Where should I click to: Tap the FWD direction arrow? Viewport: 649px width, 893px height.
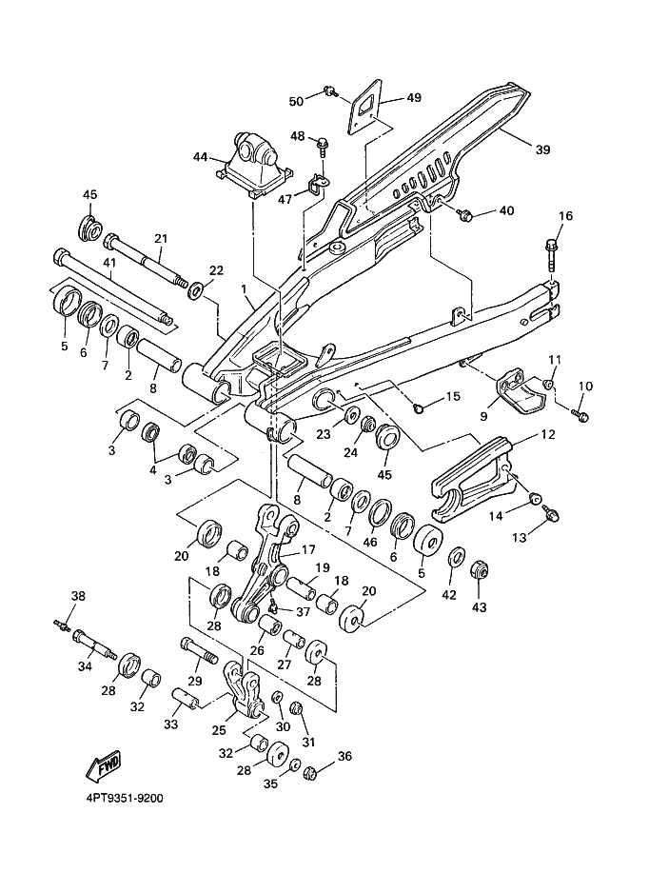click(x=104, y=765)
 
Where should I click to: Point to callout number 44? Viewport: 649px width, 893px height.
click(x=200, y=156)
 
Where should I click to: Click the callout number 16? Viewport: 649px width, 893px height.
click(x=565, y=216)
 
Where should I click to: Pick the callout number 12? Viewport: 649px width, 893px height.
click(x=547, y=435)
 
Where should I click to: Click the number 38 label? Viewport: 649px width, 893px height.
click(x=78, y=597)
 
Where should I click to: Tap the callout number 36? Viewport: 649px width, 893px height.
click(x=344, y=757)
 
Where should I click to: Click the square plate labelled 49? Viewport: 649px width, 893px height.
click(x=365, y=107)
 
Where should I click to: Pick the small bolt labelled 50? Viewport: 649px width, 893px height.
click(x=329, y=90)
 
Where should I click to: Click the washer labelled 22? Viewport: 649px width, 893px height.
click(x=195, y=288)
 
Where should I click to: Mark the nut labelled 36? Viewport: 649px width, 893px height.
click(x=310, y=771)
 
